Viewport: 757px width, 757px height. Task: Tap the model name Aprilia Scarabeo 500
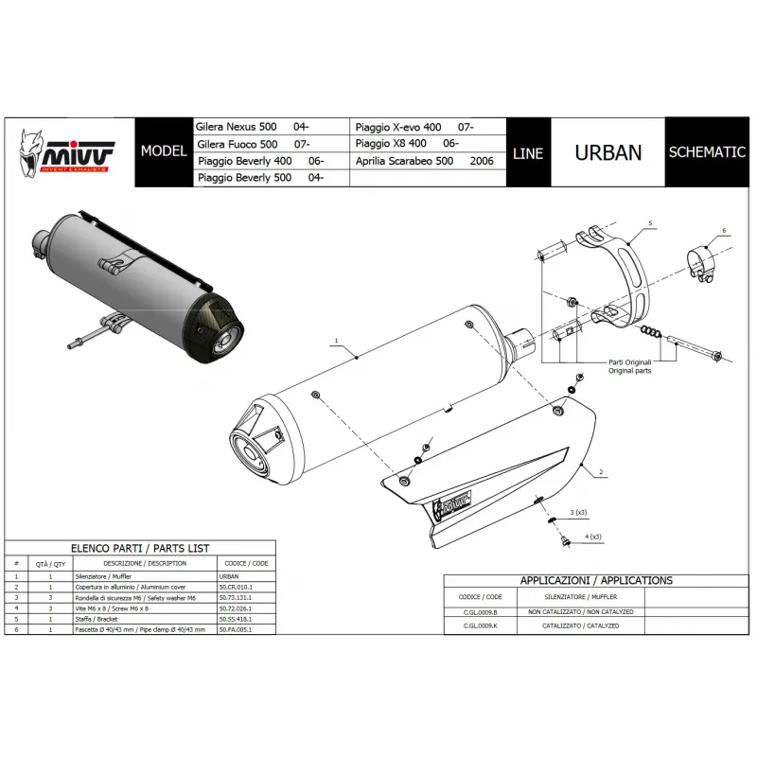pyautogui.click(x=403, y=161)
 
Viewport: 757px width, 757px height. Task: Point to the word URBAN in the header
pyautogui.click(x=608, y=152)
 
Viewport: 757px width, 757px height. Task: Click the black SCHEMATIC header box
pyautogui.click(x=706, y=152)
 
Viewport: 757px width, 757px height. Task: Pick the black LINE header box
pyautogui.click(x=527, y=153)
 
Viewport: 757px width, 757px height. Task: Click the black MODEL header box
pyautogui.click(x=162, y=151)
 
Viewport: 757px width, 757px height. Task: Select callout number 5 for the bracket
pyautogui.click(x=651, y=222)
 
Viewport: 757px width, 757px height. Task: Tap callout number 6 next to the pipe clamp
pyautogui.click(x=723, y=230)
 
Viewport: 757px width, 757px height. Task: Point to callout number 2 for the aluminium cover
pyautogui.click(x=600, y=470)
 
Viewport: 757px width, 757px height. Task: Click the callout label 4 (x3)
pyautogui.click(x=593, y=537)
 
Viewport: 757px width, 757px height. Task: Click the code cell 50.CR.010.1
pyautogui.click(x=236, y=587)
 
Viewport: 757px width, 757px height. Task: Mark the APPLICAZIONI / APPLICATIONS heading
pyautogui.click(x=596, y=580)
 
